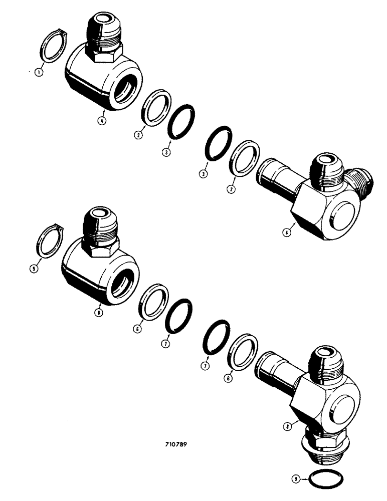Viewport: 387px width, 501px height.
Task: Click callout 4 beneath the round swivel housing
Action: pos(102,121)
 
